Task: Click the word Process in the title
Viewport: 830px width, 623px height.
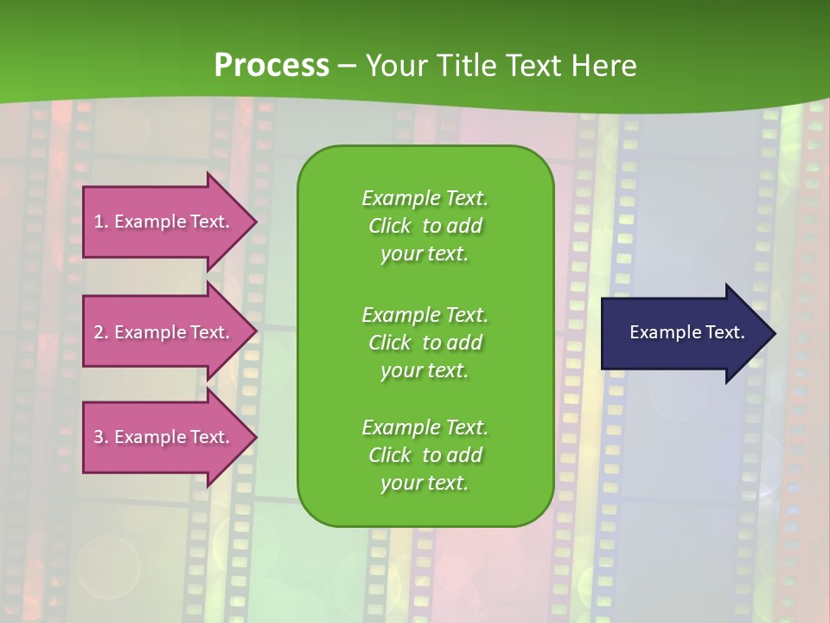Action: [271, 65]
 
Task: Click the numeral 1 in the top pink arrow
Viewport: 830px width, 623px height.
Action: [98, 222]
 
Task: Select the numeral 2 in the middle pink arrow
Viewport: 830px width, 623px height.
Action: [99, 332]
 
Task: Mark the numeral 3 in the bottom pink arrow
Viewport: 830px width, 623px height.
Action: [99, 437]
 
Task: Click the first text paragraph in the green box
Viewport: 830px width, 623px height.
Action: [425, 226]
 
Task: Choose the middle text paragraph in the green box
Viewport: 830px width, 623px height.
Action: [425, 342]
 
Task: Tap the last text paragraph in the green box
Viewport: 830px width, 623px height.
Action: [425, 455]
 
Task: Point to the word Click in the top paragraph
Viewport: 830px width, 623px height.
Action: [389, 226]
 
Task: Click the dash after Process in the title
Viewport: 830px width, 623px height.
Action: [347, 66]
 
